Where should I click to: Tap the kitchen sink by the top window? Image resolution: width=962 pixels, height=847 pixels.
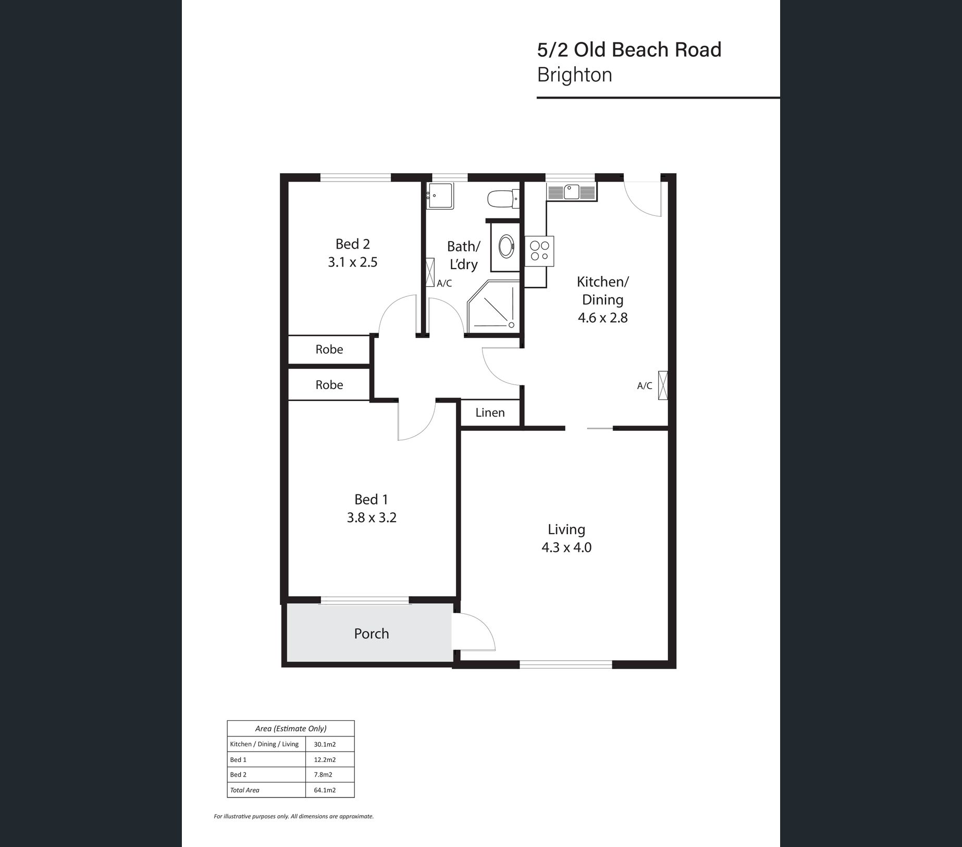pyautogui.click(x=572, y=192)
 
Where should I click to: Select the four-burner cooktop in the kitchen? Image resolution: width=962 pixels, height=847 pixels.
pyautogui.click(x=539, y=251)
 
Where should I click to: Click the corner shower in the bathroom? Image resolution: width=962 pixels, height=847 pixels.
pyautogui.click(x=493, y=307)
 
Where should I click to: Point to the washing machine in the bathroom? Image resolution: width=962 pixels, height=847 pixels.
pyautogui.click(x=505, y=246)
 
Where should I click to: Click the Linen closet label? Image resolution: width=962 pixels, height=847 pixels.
pyautogui.click(x=490, y=413)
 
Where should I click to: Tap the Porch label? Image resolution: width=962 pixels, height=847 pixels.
pyautogui.click(x=371, y=634)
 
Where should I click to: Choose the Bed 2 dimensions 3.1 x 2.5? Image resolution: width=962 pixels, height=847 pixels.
pyautogui.click(x=352, y=262)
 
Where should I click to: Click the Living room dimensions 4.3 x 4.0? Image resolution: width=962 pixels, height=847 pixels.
pyautogui.click(x=566, y=548)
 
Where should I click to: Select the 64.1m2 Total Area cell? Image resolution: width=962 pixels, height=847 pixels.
pyautogui.click(x=325, y=790)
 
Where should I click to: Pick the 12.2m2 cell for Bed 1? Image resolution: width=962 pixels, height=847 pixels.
pyautogui.click(x=325, y=759)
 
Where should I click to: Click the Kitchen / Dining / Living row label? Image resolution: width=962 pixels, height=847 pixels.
pyautogui.click(x=264, y=744)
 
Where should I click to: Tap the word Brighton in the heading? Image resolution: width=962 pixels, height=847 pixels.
pyautogui.click(x=574, y=75)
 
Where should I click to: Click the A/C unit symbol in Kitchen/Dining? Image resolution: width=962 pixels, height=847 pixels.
pyautogui.click(x=663, y=385)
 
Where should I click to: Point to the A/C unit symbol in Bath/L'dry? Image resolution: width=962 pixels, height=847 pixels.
pyautogui.click(x=430, y=272)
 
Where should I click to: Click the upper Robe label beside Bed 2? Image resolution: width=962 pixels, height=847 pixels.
pyautogui.click(x=329, y=349)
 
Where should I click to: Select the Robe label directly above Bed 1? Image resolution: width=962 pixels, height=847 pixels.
pyautogui.click(x=329, y=385)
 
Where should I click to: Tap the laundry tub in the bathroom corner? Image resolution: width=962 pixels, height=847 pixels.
pyautogui.click(x=440, y=196)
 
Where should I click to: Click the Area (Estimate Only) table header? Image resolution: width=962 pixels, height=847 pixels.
pyautogui.click(x=291, y=729)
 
